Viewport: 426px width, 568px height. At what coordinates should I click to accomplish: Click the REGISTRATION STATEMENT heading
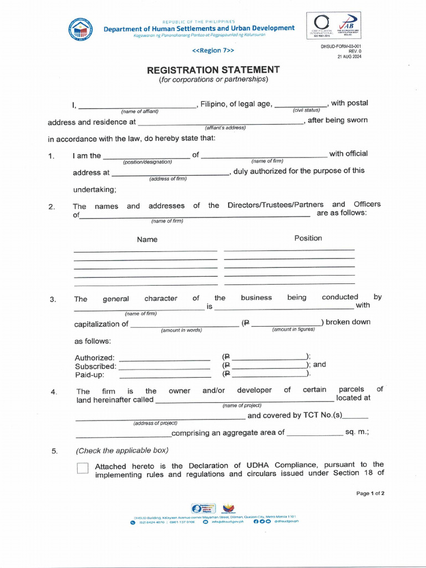[213, 70]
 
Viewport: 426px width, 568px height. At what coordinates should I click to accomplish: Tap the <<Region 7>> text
[213, 50]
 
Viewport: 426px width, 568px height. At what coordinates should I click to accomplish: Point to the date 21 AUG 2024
[349, 57]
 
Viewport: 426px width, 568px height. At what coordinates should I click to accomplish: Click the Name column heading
[147, 240]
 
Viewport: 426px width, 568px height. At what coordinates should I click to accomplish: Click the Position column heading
[308, 238]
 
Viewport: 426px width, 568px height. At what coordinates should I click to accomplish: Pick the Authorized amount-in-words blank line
[164, 359]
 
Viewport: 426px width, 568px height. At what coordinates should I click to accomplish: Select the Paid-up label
[90, 374]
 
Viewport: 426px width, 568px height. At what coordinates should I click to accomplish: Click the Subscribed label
[95, 366]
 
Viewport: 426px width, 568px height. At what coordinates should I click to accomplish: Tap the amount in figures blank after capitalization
[286, 324]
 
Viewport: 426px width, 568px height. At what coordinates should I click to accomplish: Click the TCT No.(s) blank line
[356, 417]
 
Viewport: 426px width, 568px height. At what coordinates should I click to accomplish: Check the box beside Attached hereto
[83, 469]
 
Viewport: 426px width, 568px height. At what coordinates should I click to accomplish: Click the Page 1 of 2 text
[370, 493]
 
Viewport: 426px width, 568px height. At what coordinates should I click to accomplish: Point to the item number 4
[54, 392]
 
